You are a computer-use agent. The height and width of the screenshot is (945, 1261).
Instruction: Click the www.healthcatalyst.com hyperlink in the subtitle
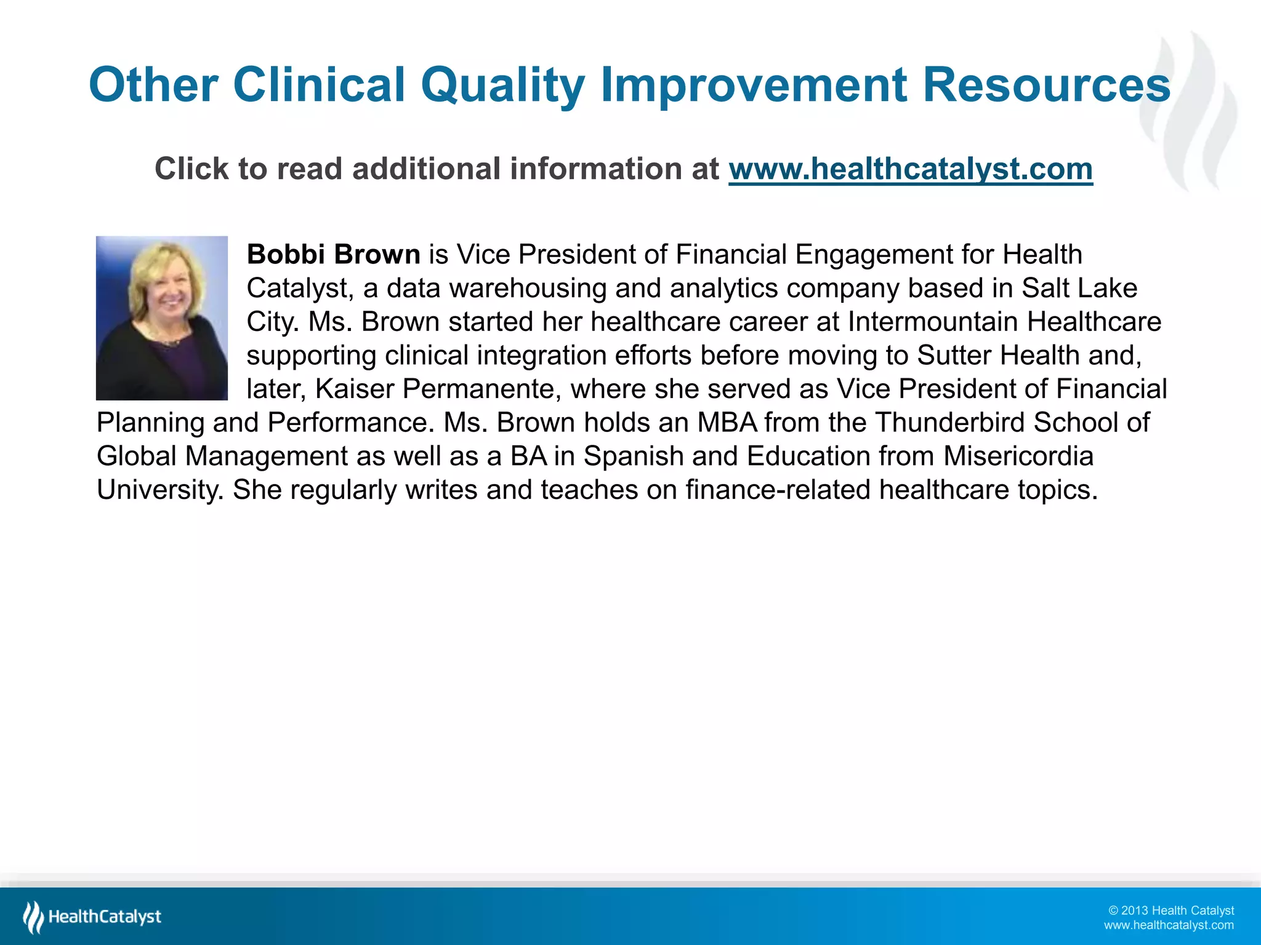coord(910,169)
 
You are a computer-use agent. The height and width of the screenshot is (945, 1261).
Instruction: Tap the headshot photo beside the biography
coord(162,318)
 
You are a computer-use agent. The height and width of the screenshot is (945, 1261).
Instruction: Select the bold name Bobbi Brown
coord(333,255)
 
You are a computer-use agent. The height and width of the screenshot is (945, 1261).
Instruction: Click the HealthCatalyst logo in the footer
coord(92,917)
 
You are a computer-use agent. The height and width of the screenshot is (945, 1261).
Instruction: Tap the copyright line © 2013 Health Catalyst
coord(1170,911)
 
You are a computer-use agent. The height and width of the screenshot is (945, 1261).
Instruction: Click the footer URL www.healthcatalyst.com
coord(1169,925)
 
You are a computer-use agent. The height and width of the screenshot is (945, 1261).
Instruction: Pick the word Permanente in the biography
coord(481,389)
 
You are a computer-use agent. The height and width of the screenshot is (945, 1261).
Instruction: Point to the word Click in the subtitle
coord(190,169)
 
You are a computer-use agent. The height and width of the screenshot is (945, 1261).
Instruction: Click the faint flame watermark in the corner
coord(1191,111)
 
